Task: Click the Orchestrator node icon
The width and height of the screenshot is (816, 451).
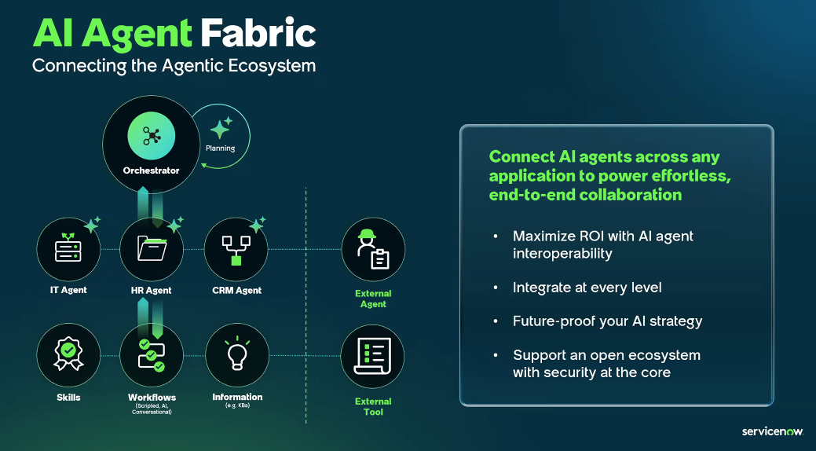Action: pyautogui.click(x=151, y=136)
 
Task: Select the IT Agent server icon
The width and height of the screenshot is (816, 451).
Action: pyautogui.click(x=68, y=250)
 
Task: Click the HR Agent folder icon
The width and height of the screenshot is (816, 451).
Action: pyautogui.click(x=151, y=250)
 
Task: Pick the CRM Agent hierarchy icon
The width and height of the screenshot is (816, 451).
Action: pyautogui.click(x=236, y=250)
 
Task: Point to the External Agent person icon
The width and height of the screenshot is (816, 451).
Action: pyautogui.click(x=373, y=250)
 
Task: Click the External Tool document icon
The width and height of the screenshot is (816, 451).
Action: pyautogui.click(x=373, y=357)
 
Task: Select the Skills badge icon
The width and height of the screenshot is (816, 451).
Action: pyautogui.click(x=68, y=356)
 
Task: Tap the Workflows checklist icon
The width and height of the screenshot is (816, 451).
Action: pyautogui.click(x=151, y=356)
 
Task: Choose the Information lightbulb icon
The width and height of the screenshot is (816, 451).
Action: pyautogui.click(x=236, y=356)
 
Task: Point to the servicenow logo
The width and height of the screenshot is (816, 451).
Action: pyautogui.click(x=773, y=431)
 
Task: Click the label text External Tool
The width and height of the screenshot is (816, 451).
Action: pyautogui.click(x=373, y=406)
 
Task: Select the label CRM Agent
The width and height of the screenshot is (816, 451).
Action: pyautogui.click(x=236, y=291)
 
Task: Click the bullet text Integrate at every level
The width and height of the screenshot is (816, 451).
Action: pyautogui.click(x=587, y=288)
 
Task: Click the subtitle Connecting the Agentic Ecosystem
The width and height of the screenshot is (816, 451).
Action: pyautogui.click(x=174, y=66)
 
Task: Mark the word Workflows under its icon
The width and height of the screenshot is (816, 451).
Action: pyautogui.click(x=152, y=398)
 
